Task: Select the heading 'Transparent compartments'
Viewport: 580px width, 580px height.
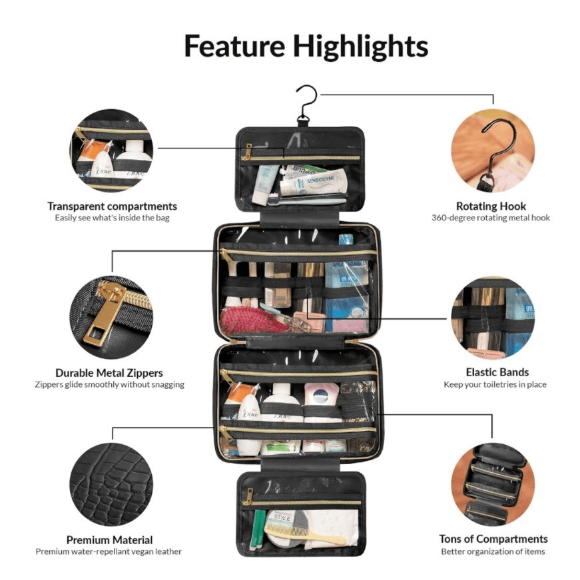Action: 112,206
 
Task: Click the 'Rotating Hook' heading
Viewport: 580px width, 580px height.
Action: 491,206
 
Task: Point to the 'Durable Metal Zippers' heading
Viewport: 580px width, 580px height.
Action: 109,372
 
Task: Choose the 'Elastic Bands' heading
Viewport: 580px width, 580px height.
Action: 497,372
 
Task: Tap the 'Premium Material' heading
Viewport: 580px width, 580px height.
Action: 109,539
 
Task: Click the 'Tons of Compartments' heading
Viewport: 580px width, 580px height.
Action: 493,539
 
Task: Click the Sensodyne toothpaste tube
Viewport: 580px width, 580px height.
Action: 313,182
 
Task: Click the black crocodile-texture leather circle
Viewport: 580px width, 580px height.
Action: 111,484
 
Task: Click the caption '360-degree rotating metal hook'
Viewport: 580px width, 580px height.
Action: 491,218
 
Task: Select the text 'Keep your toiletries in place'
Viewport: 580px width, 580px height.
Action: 495,385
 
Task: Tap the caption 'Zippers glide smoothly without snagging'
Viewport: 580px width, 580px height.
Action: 109,385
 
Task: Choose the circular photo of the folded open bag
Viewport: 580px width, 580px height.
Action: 493,484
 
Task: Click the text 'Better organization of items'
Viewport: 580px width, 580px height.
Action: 493,551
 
